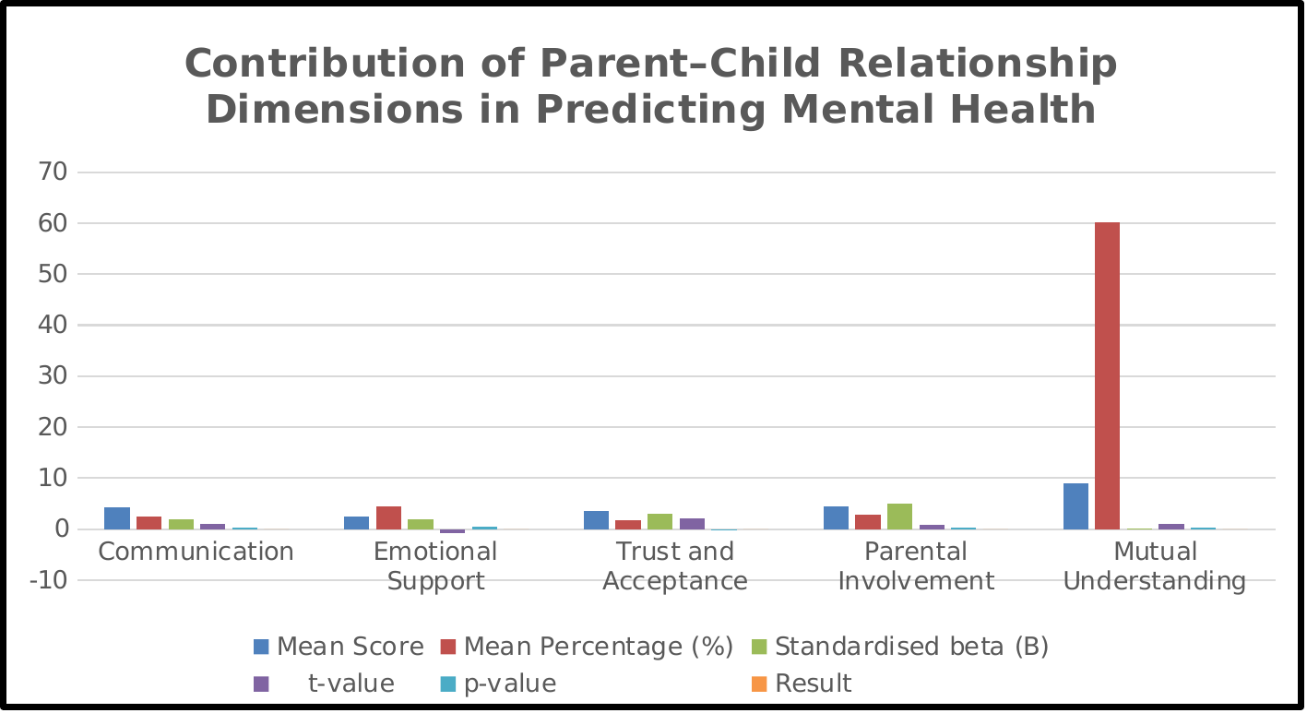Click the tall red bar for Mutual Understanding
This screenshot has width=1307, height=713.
click(1107, 375)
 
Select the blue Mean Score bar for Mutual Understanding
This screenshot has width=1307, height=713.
click(1075, 505)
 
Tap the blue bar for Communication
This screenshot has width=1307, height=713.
click(117, 518)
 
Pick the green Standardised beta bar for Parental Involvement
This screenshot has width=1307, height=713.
click(899, 517)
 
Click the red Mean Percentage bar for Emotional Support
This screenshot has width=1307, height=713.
click(388, 517)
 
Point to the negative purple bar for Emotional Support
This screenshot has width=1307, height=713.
click(452, 531)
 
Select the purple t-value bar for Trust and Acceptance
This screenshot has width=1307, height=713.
click(692, 523)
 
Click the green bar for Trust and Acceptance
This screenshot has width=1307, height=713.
click(659, 521)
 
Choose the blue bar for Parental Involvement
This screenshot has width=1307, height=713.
click(836, 517)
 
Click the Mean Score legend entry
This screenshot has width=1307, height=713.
click(339, 647)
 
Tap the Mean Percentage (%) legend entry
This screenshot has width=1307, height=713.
click(587, 647)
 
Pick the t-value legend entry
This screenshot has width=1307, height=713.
click(325, 683)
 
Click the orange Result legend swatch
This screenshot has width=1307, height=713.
click(759, 683)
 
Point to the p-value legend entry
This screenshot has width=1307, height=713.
click(498, 683)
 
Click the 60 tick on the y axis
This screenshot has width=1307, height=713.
click(53, 223)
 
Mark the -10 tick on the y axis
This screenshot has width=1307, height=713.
click(49, 580)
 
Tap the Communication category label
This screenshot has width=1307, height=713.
click(196, 552)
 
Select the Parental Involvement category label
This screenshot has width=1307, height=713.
click(916, 566)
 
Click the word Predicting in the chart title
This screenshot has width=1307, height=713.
click(650, 110)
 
